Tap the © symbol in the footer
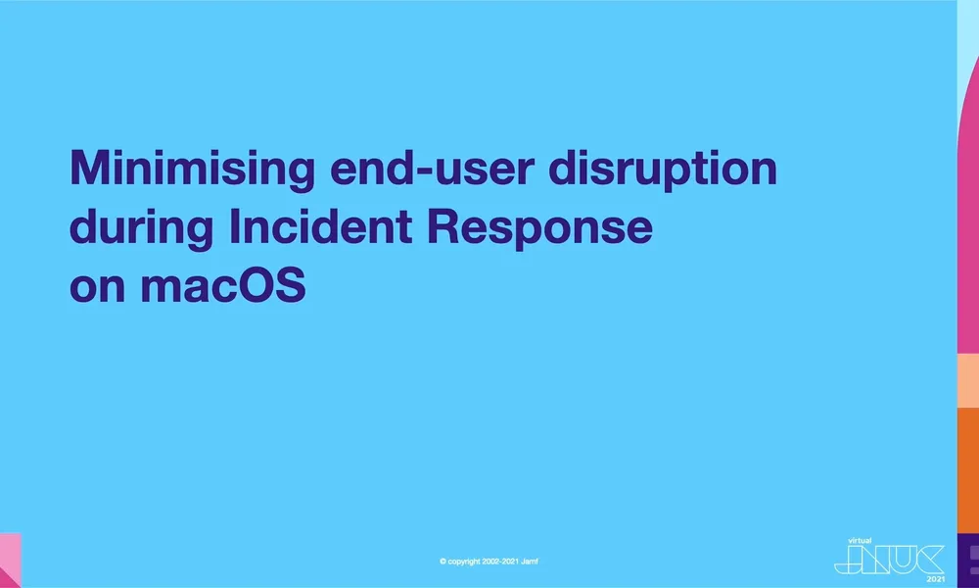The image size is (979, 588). pyautogui.click(x=443, y=562)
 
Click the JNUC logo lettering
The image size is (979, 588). pyautogui.click(x=889, y=559)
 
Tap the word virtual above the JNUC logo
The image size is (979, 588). pyautogui.click(x=859, y=540)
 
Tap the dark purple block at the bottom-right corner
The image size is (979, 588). pyautogui.click(x=968, y=560)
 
